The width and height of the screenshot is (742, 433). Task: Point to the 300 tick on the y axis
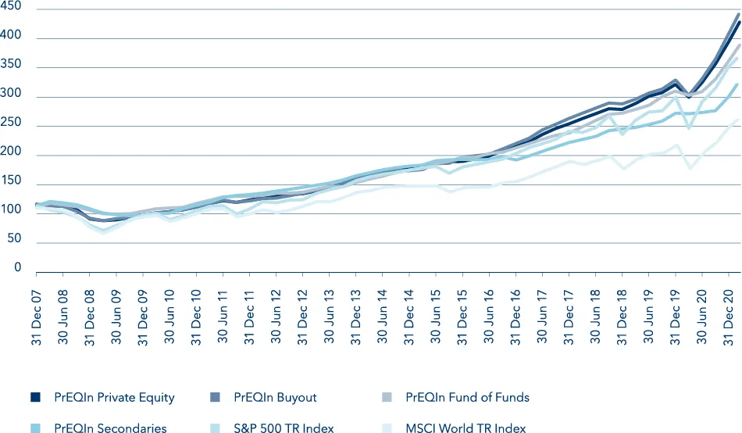click(x=11, y=96)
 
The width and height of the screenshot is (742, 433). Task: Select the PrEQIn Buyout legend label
click(x=275, y=398)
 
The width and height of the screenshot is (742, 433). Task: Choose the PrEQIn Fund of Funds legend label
click(x=467, y=398)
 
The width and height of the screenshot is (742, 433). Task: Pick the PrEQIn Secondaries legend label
click(x=110, y=428)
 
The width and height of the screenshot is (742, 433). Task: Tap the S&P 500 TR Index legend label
click(x=284, y=428)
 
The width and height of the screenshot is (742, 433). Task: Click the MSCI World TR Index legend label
click(x=466, y=428)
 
